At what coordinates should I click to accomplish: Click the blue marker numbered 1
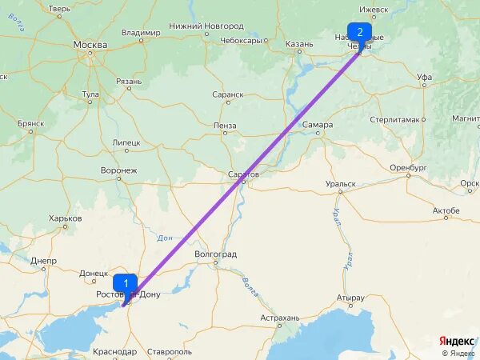coord(125,283)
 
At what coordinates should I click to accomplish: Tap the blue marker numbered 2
coord(359,32)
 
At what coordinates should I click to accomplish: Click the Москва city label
coord(90,45)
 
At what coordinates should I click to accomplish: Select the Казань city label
coord(298,44)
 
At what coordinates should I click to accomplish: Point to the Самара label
coord(318,124)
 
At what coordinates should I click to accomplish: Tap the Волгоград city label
coord(216,254)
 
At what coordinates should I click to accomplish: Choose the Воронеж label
coord(119,170)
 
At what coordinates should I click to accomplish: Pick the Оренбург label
coord(408,168)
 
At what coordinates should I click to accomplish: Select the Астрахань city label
coord(280,318)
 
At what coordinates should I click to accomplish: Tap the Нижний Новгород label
coord(195,26)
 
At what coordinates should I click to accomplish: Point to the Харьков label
coord(66,218)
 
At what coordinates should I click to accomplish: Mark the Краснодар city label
coord(114,351)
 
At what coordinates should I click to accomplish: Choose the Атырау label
coord(350,298)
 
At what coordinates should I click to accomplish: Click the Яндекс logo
coord(458,340)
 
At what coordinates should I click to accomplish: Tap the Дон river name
coord(166,238)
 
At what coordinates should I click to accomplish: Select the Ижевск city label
coord(374,10)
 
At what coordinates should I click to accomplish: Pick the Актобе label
coord(446,211)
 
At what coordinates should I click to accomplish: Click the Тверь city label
coord(59,9)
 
